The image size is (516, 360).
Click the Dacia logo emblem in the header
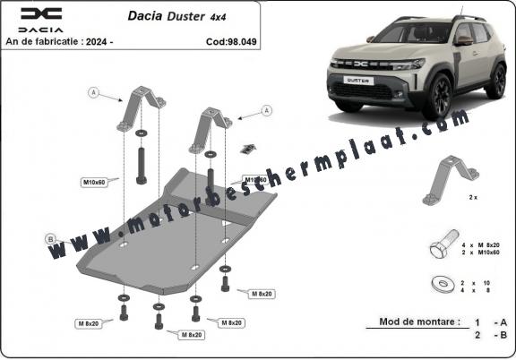41,13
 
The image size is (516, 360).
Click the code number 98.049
241,42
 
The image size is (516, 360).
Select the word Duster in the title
185,16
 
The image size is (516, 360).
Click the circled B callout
50,239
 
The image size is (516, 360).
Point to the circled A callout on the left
93,93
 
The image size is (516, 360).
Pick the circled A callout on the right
267,110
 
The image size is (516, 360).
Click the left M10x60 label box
94,183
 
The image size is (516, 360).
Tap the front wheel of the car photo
439,96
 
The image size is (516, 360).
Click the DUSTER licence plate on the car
358,81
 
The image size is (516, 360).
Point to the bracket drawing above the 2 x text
451,180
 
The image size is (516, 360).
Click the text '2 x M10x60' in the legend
480,253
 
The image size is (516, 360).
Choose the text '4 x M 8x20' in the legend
480,245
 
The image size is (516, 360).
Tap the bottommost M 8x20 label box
192,335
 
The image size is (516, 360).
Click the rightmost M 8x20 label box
262,294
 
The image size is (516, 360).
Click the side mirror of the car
463,41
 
